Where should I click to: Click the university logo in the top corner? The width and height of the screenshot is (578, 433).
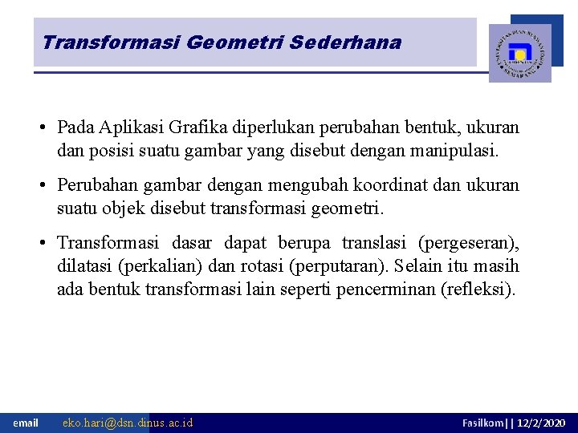click(x=520, y=53)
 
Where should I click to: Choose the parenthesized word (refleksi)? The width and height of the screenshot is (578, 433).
click(x=478, y=289)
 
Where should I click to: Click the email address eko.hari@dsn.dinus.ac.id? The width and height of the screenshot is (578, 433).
click(x=128, y=423)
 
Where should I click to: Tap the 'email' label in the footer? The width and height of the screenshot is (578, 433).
click(x=26, y=423)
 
